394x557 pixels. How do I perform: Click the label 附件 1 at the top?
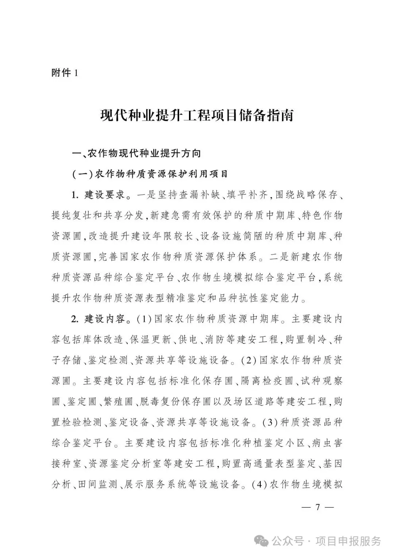(x=65, y=73)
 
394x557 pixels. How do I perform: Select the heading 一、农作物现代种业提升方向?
(x=137, y=153)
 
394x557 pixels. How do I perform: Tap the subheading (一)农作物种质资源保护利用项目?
(x=150, y=174)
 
